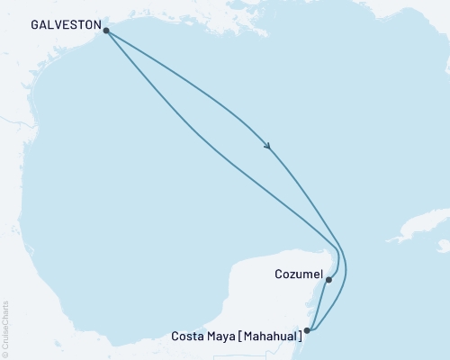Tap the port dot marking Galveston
pos(107,31)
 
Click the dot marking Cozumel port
pos(328,280)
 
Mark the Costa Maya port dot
pos(308,330)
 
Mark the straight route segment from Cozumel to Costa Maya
pos(318,306)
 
